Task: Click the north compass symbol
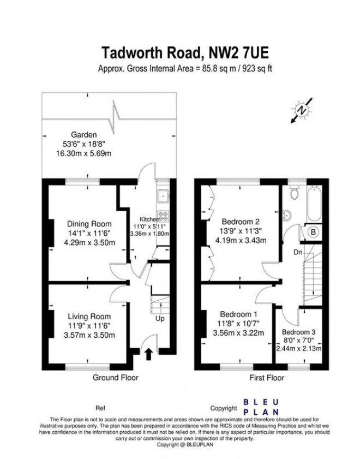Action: click(x=302, y=111)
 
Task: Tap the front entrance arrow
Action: click(x=148, y=354)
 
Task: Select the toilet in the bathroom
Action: click(x=293, y=192)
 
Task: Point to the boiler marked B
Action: click(x=313, y=233)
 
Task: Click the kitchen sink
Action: click(x=163, y=196)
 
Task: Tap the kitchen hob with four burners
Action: click(x=164, y=216)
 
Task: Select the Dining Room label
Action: click(x=89, y=224)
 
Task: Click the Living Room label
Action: click(x=89, y=317)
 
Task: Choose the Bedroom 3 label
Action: click(x=298, y=332)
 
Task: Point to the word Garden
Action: click(x=83, y=135)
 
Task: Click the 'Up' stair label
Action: click(x=160, y=319)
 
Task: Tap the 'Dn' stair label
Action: click(x=298, y=252)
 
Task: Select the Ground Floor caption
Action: click(x=116, y=378)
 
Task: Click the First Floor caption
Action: click(x=267, y=378)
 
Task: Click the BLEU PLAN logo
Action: click(x=261, y=407)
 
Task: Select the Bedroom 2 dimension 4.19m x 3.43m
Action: click(x=241, y=241)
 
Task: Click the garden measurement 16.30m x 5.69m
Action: click(x=83, y=153)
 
